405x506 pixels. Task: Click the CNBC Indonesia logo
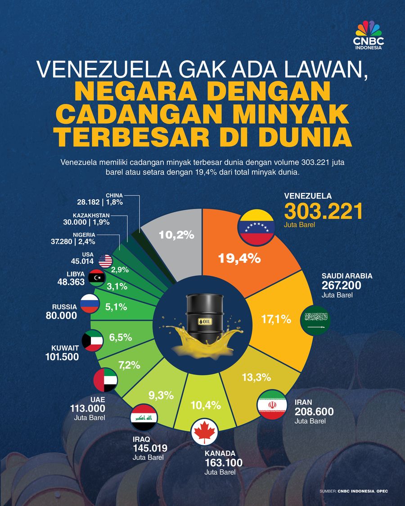[368, 36]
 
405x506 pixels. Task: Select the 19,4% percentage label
[239, 258]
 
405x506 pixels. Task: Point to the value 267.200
[341, 286]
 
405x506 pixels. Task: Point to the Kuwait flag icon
[94, 342]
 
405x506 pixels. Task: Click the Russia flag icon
[90, 304]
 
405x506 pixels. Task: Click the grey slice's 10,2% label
[177, 234]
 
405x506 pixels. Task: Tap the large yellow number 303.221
[323, 211]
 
